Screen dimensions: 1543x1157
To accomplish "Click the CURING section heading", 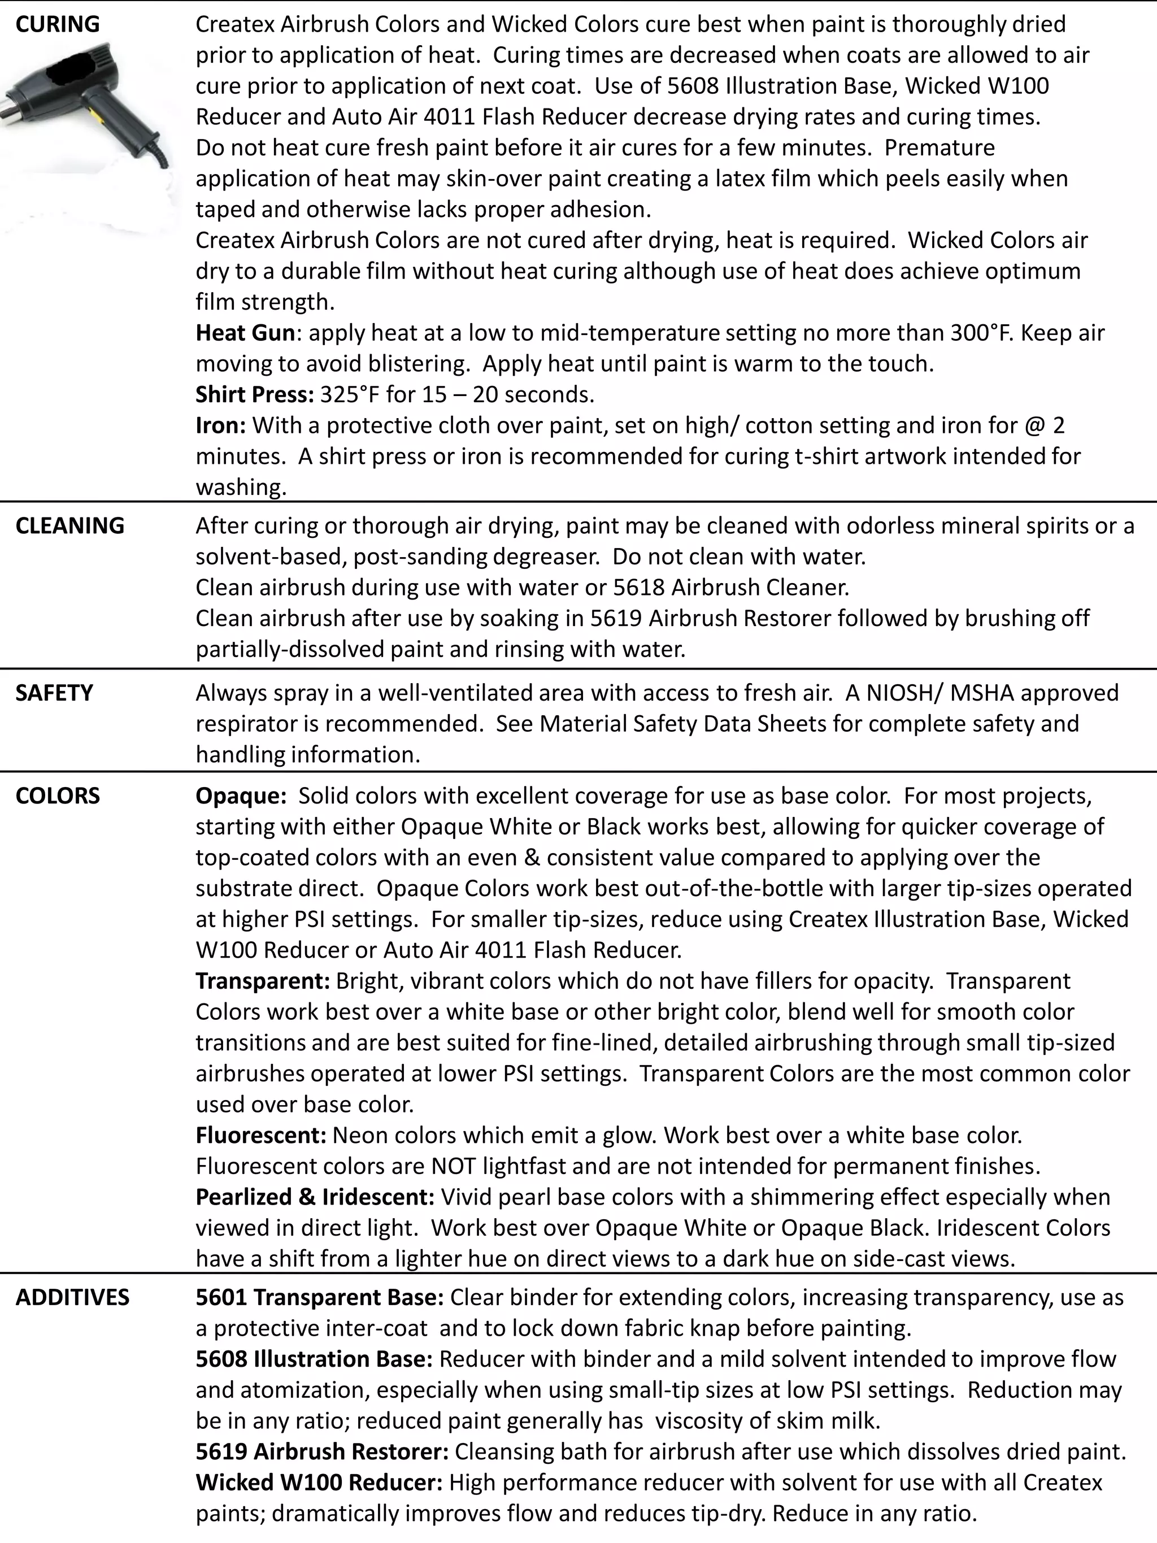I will [x=57, y=24].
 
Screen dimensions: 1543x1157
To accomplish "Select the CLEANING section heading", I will [x=69, y=525].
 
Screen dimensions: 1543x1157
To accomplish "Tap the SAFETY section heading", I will [x=54, y=693].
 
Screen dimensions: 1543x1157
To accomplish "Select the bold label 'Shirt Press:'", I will [x=255, y=394].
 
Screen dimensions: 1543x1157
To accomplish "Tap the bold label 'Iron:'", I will [x=220, y=425].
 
